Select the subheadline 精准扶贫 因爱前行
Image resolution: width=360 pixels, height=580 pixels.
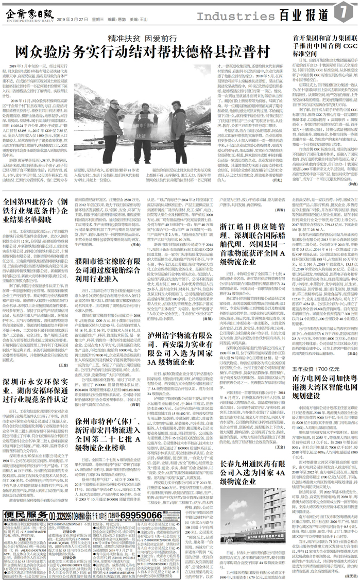[x=141, y=38]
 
